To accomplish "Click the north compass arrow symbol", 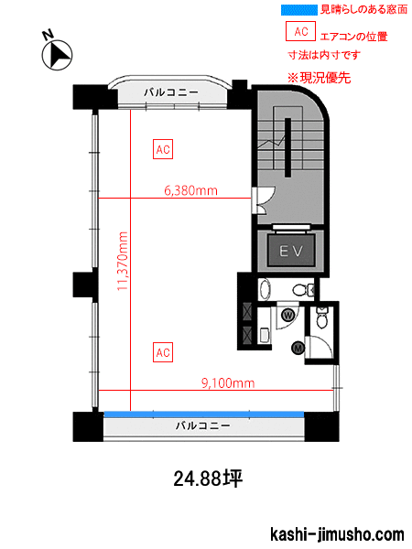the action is click(x=57, y=56).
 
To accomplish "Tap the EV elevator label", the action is click(x=291, y=251).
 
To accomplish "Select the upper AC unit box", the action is click(x=163, y=149).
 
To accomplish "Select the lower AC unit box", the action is click(x=163, y=352).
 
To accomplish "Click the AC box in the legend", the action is click(x=300, y=31).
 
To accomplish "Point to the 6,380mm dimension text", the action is click(x=191, y=190).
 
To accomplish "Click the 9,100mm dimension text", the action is click(x=228, y=382).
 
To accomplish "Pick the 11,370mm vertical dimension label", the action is click(x=123, y=261).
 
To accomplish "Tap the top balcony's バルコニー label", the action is click(x=171, y=92).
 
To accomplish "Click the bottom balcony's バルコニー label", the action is click(x=203, y=425).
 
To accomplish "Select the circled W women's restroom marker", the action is click(x=288, y=315).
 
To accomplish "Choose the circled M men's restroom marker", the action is click(x=298, y=348).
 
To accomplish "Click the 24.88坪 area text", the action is click(x=208, y=479).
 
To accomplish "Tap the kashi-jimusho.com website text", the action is click(x=337, y=534).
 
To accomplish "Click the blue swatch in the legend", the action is click(x=299, y=10).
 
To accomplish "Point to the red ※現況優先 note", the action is click(x=320, y=78).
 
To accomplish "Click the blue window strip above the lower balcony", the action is click(x=204, y=414).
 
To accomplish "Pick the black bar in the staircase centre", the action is click(x=287, y=147).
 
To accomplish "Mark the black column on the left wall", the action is click(x=82, y=285).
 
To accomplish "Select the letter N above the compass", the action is click(x=48, y=35).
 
